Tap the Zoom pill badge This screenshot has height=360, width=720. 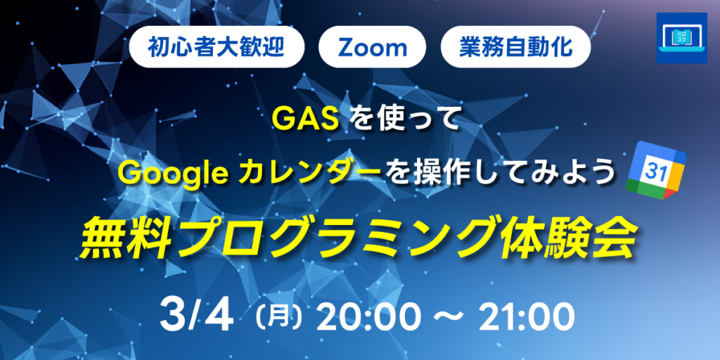pos(373,48)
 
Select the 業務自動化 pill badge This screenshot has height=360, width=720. pos(515,48)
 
